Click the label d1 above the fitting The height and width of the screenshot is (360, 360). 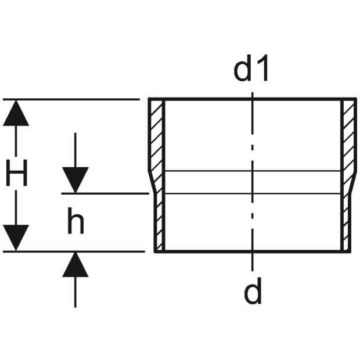coord(251,68)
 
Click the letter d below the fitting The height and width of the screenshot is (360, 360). coord(253,291)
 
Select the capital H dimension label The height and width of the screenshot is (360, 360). coord(16,172)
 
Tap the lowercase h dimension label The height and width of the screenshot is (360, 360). coord(75,221)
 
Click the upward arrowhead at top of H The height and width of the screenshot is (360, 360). coord(16,113)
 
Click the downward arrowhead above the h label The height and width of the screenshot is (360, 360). coord(75,180)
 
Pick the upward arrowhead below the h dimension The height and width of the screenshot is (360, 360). coord(75,265)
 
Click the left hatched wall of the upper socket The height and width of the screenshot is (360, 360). coord(157,135)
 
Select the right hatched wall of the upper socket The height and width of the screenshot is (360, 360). coord(348,135)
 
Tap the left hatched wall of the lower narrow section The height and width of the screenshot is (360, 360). coord(159,222)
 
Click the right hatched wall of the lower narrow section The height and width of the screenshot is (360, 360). coord(345,222)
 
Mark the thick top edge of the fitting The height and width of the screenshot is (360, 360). coord(253,99)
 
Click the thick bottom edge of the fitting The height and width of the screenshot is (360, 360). coord(253,251)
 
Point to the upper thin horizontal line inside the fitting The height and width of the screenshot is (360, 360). coord(253,171)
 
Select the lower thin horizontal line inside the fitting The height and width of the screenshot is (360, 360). coord(253,193)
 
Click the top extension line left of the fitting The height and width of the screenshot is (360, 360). coord(71,99)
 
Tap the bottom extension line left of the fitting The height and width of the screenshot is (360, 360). coord(74,251)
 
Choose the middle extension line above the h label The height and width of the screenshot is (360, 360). coord(105,193)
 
